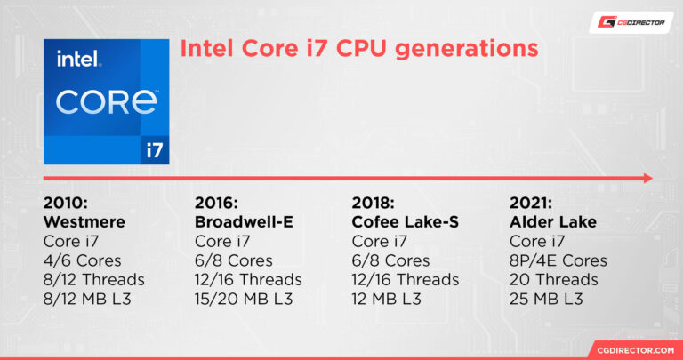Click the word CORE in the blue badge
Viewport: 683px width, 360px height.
tap(105, 100)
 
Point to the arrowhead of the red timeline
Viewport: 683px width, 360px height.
tap(647, 179)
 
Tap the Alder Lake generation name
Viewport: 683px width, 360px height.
tap(553, 221)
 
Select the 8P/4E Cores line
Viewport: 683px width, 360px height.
tap(558, 260)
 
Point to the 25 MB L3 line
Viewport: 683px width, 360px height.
tap(547, 300)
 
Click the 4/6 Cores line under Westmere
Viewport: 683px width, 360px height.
tap(84, 260)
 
